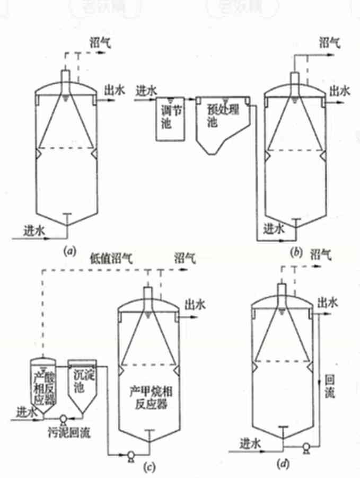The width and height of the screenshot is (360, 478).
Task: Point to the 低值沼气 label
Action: point(110,257)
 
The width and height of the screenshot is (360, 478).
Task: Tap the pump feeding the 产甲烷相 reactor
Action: point(129,454)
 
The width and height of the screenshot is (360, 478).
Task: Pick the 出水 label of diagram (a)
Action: point(115,91)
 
